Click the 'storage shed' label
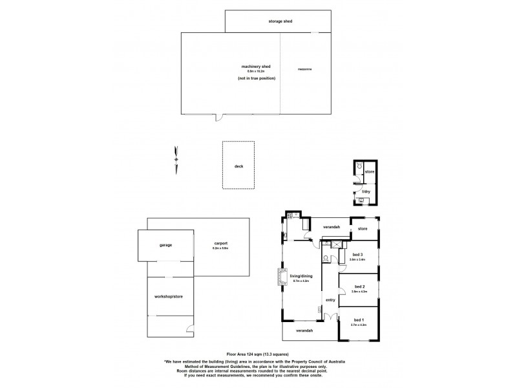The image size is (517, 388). click(280, 21)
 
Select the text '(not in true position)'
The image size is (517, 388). click(256, 78)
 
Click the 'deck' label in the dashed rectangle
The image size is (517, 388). click(238, 166)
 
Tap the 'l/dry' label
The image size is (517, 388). click(366, 191)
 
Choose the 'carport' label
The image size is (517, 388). click(220, 243)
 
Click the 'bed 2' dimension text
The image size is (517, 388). click(359, 291)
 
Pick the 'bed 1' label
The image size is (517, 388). click(358, 320)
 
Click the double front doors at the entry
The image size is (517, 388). click(330, 317)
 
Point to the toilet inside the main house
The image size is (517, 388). click(326, 257)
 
